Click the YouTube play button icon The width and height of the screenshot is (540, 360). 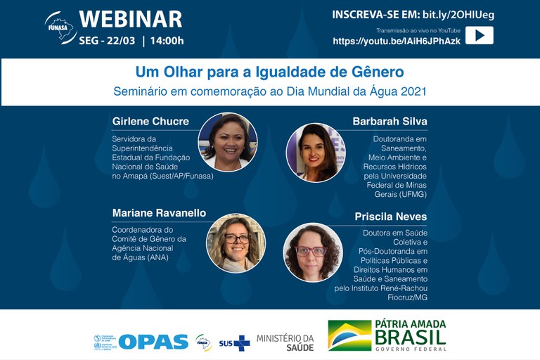pyautogui.click(x=479, y=35)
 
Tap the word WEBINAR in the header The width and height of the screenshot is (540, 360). pyautogui.click(x=130, y=19)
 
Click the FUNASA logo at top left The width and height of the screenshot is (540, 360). pyautogui.click(x=60, y=27)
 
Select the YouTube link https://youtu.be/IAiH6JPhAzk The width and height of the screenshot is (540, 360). pyautogui.click(x=397, y=41)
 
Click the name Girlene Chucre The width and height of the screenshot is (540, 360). pyautogui.click(x=150, y=121)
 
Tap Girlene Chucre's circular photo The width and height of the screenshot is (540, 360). pyautogui.click(x=228, y=141)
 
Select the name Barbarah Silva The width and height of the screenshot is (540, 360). pyautogui.click(x=390, y=121)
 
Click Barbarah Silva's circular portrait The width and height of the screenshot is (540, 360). pyautogui.click(x=315, y=152)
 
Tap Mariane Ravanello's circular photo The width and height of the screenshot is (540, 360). pyautogui.click(x=236, y=243)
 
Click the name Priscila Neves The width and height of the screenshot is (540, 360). pyautogui.click(x=392, y=217)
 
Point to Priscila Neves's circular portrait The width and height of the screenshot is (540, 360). pyautogui.click(x=312, y=252)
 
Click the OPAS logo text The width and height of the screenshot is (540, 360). pyautogui.click(x=153, y=342)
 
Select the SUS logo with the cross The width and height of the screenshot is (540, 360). pyautogui.click(x=234, y=342)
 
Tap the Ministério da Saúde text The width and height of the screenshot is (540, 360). pyautogui.click(x=285, y=342)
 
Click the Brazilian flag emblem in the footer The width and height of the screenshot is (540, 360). pyautogui.click(x=349, y=336)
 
